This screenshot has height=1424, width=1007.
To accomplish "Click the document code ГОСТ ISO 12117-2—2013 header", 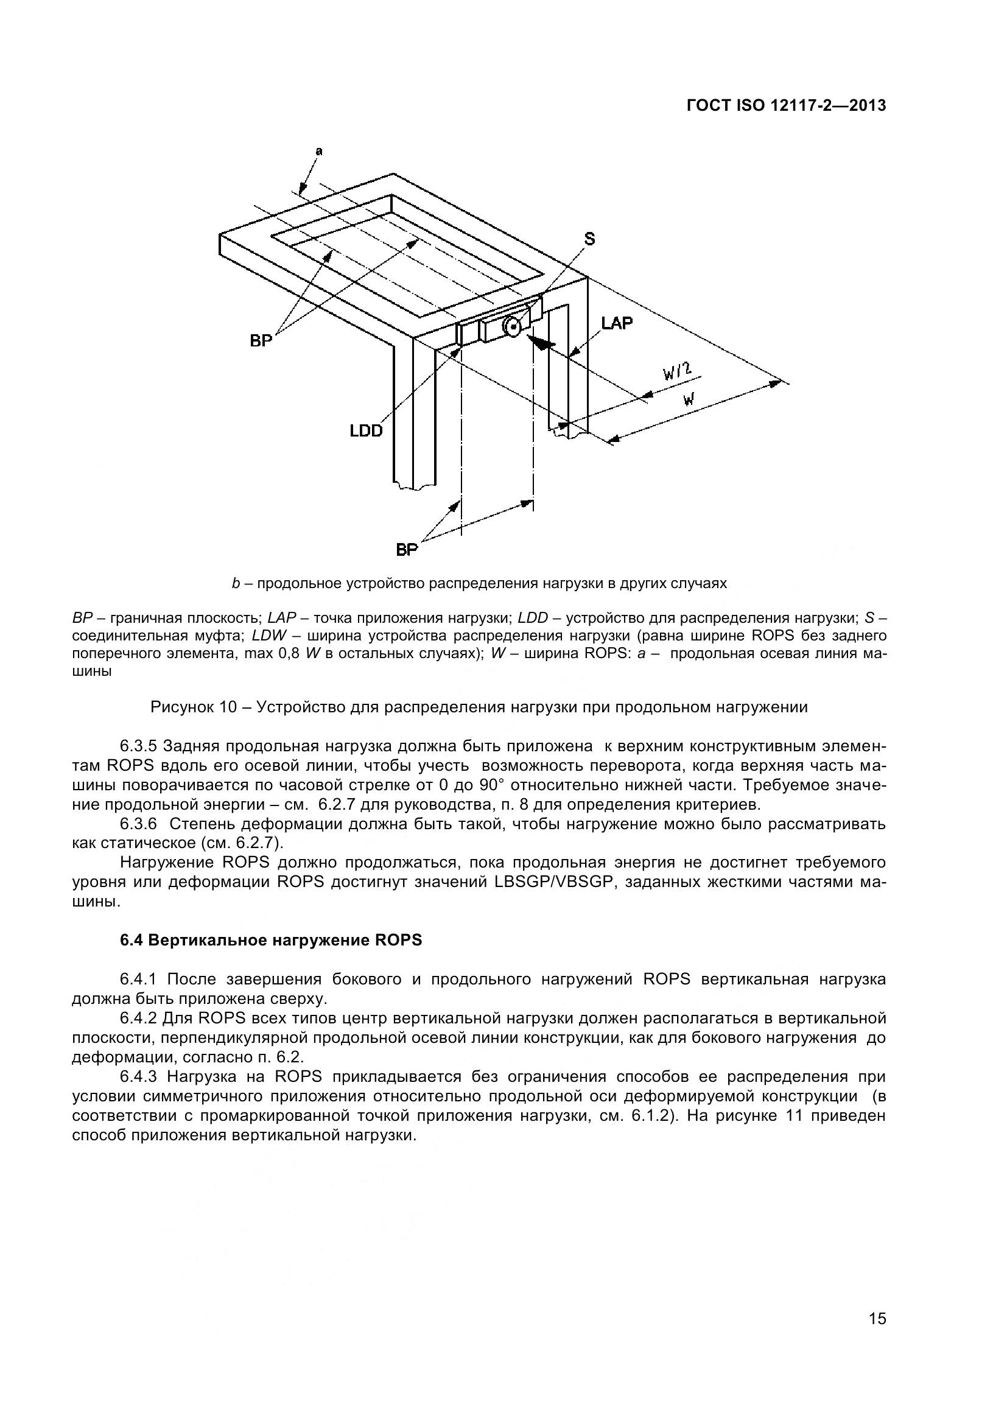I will click(785, 105).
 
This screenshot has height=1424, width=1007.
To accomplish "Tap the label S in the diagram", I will click(590, 239).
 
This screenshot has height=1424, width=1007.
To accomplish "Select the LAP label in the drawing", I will click(616, 323).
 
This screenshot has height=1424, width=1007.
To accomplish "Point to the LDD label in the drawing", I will click(366, 430).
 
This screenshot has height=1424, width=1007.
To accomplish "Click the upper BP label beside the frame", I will click(261, 340).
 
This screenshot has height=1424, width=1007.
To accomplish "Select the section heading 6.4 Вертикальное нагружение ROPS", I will click(271, 940).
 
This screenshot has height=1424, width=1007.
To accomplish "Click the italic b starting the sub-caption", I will click(236, 584).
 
